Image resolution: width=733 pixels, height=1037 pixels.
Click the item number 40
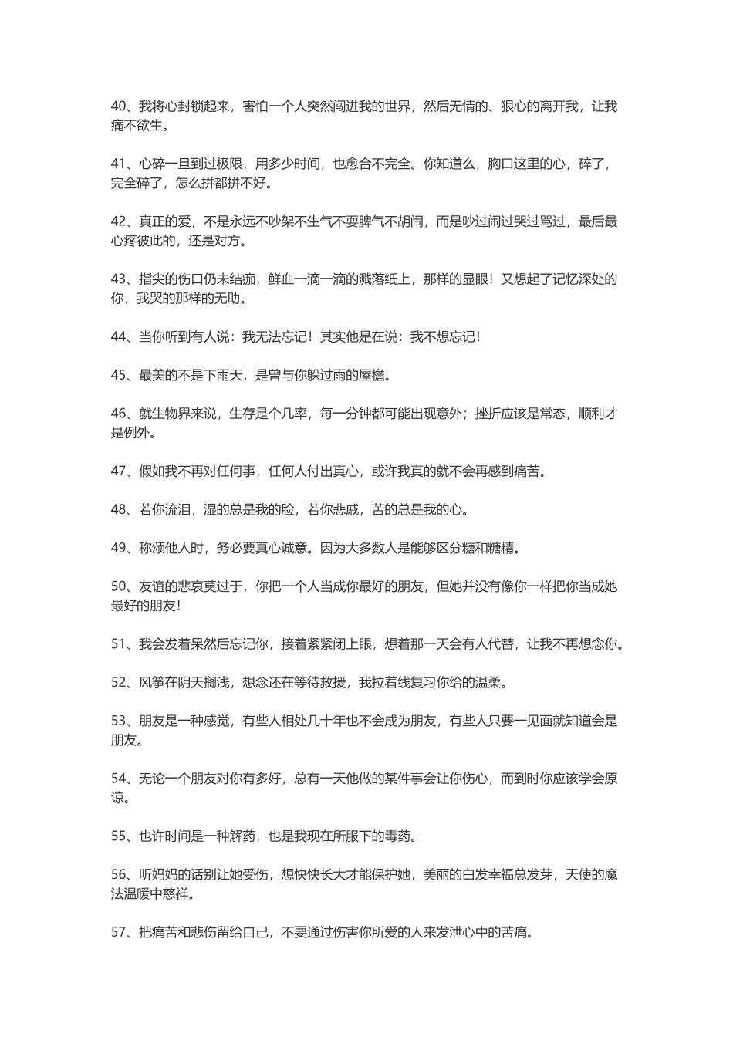(119, 106)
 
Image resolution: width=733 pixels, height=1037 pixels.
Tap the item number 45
(119, 376)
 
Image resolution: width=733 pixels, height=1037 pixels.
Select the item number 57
(119, 933)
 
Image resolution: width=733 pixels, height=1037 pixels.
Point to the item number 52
(119, 682)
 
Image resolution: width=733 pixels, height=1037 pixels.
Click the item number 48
(119, 509)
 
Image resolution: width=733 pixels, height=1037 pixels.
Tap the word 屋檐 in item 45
(379, 376)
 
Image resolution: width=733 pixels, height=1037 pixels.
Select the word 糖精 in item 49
(506, 548)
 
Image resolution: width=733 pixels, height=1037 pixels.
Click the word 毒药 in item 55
(404, 836)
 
